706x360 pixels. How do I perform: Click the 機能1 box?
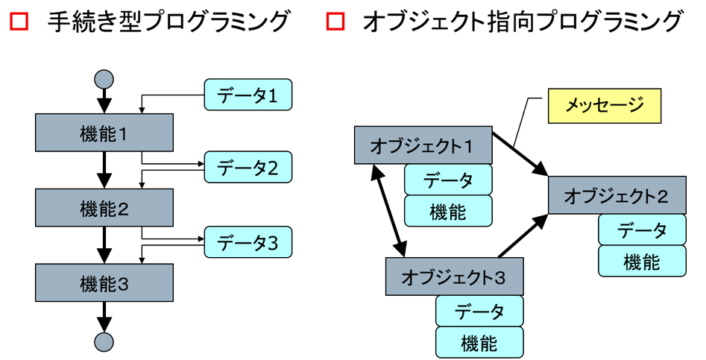click(104, 133)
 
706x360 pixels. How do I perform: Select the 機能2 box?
click(104, 207)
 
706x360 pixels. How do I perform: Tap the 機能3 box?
click(104, 282)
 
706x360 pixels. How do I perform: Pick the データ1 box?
click(248, 95)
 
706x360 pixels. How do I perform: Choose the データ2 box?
click(248, 167)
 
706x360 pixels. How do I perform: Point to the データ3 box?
click(248, 242)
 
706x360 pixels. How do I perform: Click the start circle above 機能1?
click(104, 79)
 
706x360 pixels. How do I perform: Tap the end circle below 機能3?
click(104, 341)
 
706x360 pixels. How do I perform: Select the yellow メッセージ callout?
click(605, 106)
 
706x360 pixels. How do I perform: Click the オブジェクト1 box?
click(423, 145)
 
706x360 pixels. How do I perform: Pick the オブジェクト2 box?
click(617, 195)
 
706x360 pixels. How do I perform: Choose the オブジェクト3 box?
click(454, 277)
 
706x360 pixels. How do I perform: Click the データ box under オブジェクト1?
click(448, 180)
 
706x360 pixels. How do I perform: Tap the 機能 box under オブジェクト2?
click(642, 261)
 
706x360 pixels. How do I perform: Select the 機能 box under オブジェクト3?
click(479, 343)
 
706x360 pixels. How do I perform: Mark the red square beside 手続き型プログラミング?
click(19, 21)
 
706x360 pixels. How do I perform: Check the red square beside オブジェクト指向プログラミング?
click(336, 21)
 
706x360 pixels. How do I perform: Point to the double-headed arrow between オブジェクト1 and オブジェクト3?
click(388, 211)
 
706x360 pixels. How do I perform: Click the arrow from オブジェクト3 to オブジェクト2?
click(523, 236)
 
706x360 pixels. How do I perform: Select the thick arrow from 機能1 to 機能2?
click(104, 170)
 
